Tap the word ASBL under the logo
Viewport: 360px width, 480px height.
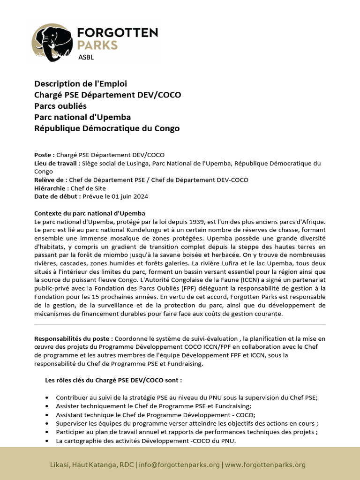(86, 58)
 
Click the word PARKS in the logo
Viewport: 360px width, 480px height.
(97, 45)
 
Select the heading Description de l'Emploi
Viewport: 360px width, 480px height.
(81, 84)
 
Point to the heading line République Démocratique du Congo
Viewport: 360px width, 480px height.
(107, 128)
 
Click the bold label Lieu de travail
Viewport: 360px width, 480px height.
(56, 163)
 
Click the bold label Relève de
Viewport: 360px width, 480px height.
(50, 180)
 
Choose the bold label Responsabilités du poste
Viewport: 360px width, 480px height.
(73, 338)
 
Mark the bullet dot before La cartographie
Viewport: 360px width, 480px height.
(47, 442)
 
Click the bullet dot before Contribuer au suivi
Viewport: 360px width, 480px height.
(47, 397)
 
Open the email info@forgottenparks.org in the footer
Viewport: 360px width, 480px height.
(180, 465)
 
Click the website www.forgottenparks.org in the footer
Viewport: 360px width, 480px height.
(265, 465)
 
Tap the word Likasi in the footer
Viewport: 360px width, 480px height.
(60, 465)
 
